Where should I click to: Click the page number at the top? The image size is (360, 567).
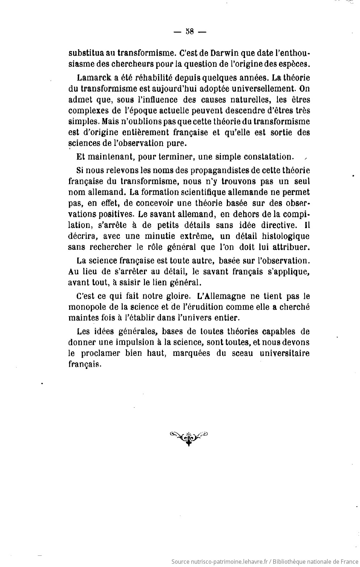pyautogui.click(x=190, y=31)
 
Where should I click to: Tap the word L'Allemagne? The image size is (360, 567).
pyautogui.click(x=219, y=296)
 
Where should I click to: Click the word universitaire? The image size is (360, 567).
pyautogui.click(x=284, y=353)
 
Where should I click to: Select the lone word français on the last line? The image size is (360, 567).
pyautogui.click(x=84, y=364)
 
